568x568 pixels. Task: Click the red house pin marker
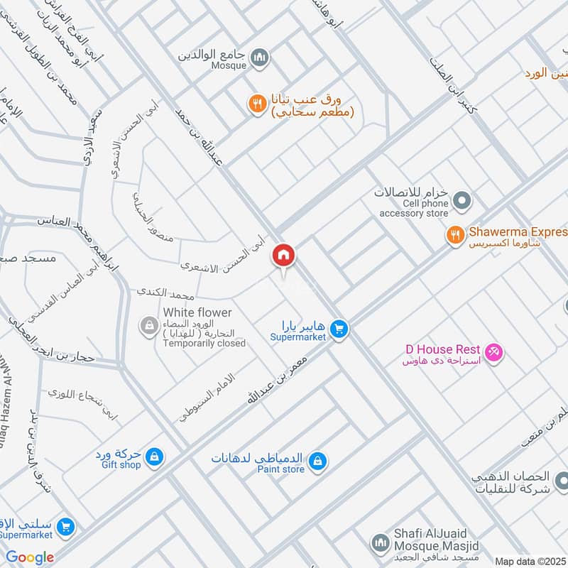[x=283, y=255]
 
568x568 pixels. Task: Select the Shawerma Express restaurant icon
[x=455, y=233]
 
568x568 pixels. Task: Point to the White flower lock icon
[x=149, y=325]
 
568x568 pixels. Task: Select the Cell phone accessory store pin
[x=462, y=202]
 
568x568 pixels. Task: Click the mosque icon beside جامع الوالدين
[x=260, y=56]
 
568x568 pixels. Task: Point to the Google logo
[x=30, y=557]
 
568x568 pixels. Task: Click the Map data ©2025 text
[x=530, y=561]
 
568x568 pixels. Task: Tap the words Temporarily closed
[x=204, y=344]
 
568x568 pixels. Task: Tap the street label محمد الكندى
[x=167, y=292]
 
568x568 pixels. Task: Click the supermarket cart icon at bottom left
[x=66, y=527]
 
